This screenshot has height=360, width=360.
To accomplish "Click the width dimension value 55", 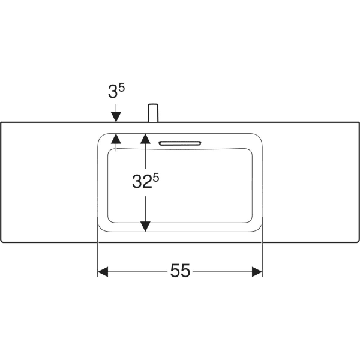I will (x=180, y=272).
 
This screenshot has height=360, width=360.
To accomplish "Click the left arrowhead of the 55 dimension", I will (x=103, y=272).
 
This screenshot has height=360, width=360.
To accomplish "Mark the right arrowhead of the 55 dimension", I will (x=257, y=272).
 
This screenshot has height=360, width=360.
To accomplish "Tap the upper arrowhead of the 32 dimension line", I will (x=145, y=139).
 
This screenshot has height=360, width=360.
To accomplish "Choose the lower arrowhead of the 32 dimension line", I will (x=145, y=226).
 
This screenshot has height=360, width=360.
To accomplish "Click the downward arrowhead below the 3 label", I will (x=116, y=116).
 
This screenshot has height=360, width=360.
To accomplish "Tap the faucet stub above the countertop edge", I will (x=153, y=113).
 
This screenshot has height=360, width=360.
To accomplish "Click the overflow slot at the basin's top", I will (x=180, y=143).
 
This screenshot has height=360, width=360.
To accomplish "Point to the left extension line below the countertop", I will (x=98, y=258).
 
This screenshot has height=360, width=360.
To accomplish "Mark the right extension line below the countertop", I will (x=263, y=258).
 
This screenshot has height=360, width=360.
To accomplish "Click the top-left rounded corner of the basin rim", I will (x=102, y=137).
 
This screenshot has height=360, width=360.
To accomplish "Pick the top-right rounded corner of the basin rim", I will (x=259, y=137).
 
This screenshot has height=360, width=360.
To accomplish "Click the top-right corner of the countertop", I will (x=359, y=122).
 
